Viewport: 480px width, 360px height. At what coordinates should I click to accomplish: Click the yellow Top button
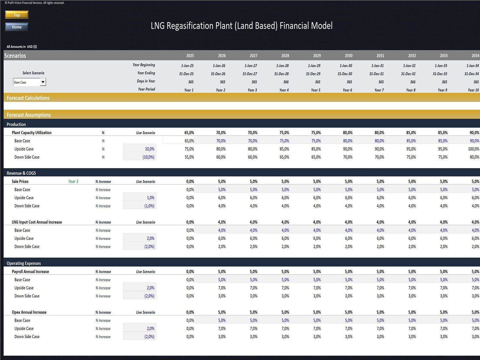[17, 15]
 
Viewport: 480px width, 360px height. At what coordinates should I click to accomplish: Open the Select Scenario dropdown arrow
[43, 82]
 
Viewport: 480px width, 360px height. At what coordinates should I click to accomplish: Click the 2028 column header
[285, 55]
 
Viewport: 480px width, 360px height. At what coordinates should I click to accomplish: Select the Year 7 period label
[379, 90]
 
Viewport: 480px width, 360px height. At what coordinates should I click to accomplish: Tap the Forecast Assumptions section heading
[29, 115]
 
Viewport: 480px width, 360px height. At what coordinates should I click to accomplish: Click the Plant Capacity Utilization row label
[31, 133]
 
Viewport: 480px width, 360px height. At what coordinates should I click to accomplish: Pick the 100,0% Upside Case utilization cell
[473, 149]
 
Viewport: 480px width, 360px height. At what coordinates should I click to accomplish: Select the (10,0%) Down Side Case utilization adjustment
[148, 157]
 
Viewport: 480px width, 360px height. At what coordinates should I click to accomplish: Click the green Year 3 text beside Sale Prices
[73, 181]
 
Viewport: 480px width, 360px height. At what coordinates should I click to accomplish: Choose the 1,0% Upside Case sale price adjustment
[151, 198]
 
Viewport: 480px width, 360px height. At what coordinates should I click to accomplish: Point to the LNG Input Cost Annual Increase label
[37, 222]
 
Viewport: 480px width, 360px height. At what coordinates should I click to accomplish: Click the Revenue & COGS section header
[21, 173]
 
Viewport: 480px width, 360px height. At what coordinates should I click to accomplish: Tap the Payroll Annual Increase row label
[30, 272]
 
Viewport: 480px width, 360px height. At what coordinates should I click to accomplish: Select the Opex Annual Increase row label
[29, 312]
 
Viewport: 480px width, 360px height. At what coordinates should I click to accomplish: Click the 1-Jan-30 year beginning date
[346, 66]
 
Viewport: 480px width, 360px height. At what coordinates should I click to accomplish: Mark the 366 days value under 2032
[412, 82]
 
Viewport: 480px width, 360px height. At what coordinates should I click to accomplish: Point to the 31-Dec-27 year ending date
[250, 74]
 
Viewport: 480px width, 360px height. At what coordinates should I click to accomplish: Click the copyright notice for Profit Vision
[34, 3]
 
